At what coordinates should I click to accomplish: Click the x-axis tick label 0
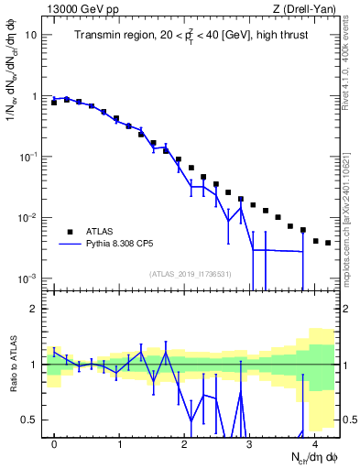click(x=54, y=443)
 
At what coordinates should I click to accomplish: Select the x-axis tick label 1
click(x=119, y=443)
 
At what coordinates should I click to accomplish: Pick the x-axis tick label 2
click(x=184, y=443)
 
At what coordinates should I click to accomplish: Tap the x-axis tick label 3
click(x=249, y=443)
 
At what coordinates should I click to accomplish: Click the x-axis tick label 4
click(x=314, y=443)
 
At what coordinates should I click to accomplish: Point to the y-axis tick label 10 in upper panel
click(x=31, y=35)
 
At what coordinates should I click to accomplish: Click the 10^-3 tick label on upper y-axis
click(x=28, y=278)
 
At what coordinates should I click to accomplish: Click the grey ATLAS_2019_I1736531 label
click(x=191, y=273)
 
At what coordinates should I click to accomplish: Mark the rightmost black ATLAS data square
click(x=328, y=243)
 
